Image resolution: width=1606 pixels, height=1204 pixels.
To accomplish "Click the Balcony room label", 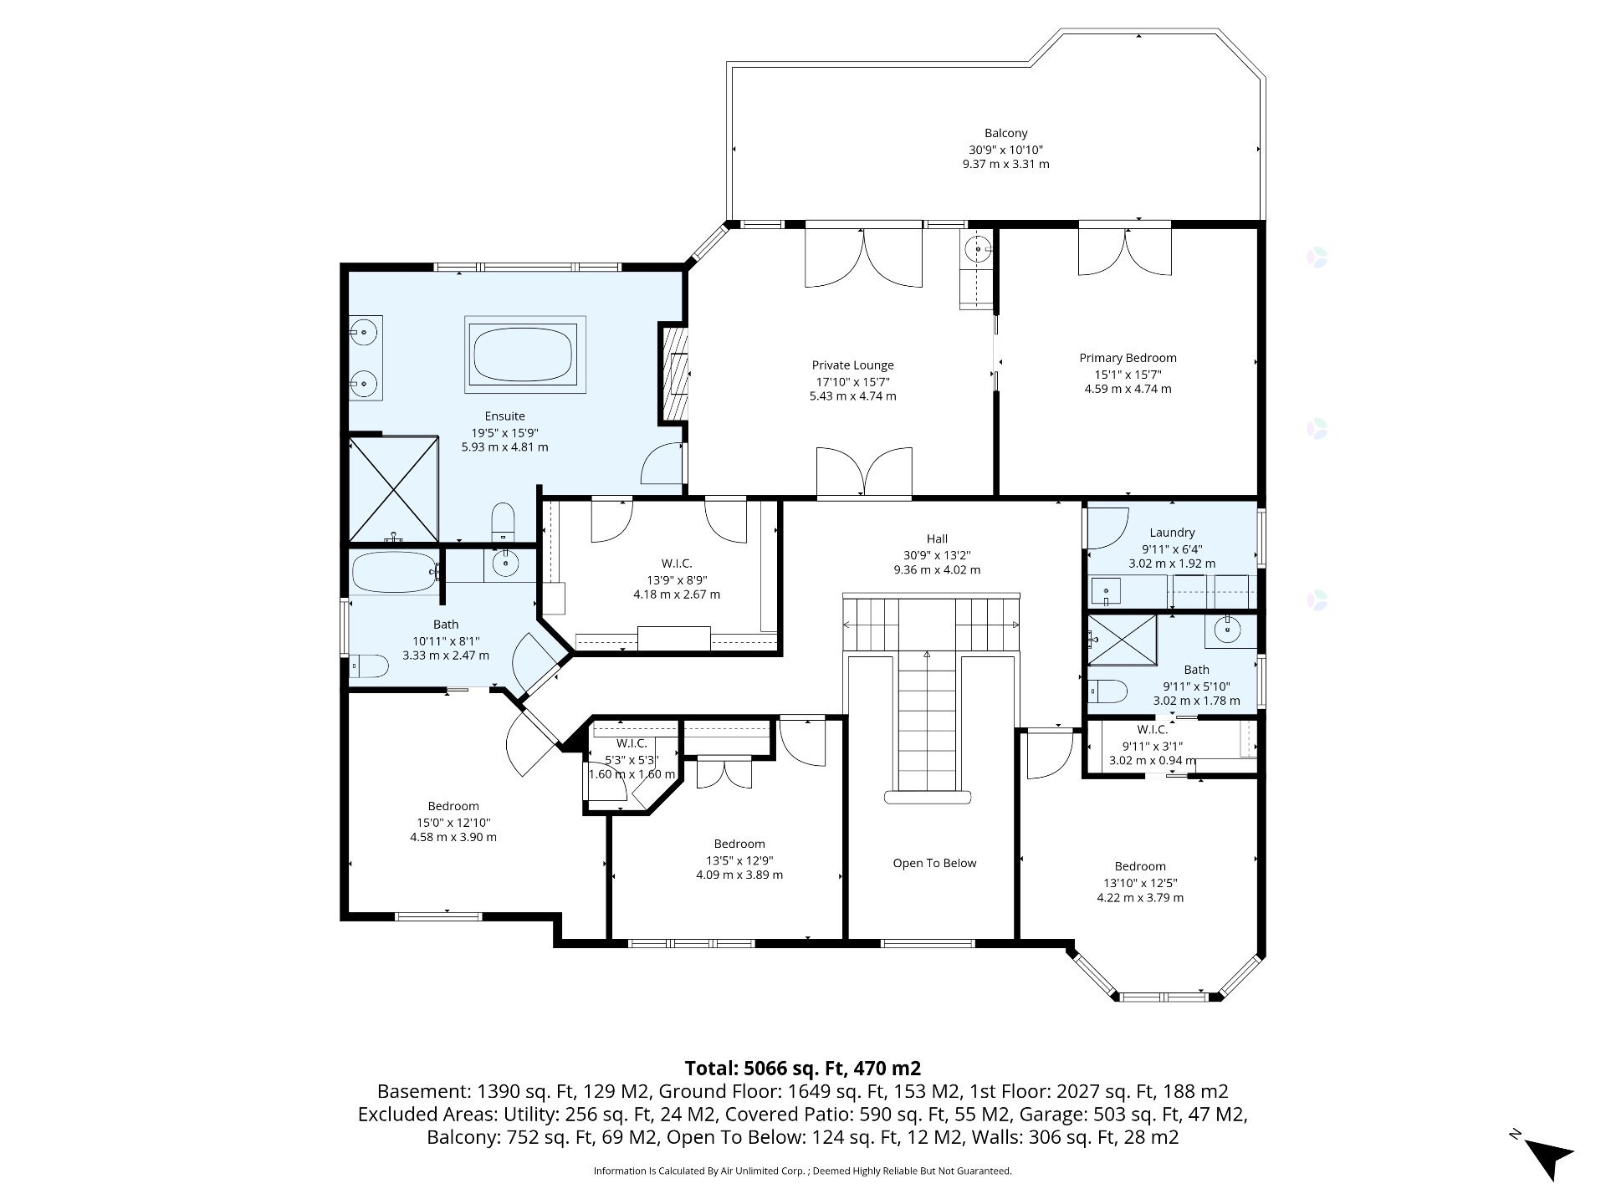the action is (x=1005, y=133).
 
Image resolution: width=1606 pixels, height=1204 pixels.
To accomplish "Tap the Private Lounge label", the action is (x=852, y=365).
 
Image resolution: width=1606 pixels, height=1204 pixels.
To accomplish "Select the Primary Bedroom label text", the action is (x=1128, y=358).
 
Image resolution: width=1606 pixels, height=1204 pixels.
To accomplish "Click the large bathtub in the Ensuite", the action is (x=525, y=354).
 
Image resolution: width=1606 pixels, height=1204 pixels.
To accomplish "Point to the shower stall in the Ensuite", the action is (x=393, y=488).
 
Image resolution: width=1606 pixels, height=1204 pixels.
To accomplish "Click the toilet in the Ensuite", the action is (x=503, y=522).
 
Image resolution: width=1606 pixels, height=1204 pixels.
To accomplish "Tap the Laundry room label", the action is (x=1172, y=533).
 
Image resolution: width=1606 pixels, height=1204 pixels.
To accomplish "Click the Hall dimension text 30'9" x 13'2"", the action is (x=937, y=554).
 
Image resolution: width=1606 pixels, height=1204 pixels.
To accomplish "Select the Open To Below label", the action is (x=934, y=863).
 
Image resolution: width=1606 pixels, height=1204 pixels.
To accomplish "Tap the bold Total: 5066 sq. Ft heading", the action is (x=803, y=1068).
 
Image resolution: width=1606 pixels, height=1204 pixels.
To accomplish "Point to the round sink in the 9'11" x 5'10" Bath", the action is (x=1230, y=630).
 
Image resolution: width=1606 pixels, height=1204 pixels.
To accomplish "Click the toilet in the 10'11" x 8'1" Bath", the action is (x=369, y=666).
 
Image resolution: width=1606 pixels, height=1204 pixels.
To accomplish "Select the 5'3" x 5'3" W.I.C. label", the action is (x=632, y=743).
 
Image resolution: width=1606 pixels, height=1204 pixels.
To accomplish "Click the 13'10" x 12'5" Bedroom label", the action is (x=1139, y=866).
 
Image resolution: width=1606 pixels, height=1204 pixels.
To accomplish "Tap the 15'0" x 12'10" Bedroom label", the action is (x=453, y=806).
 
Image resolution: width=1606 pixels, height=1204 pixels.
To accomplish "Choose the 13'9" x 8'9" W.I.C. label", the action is (x=677, y=564).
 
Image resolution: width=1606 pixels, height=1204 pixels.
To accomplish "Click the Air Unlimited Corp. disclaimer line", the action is (x=803, y=1171).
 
